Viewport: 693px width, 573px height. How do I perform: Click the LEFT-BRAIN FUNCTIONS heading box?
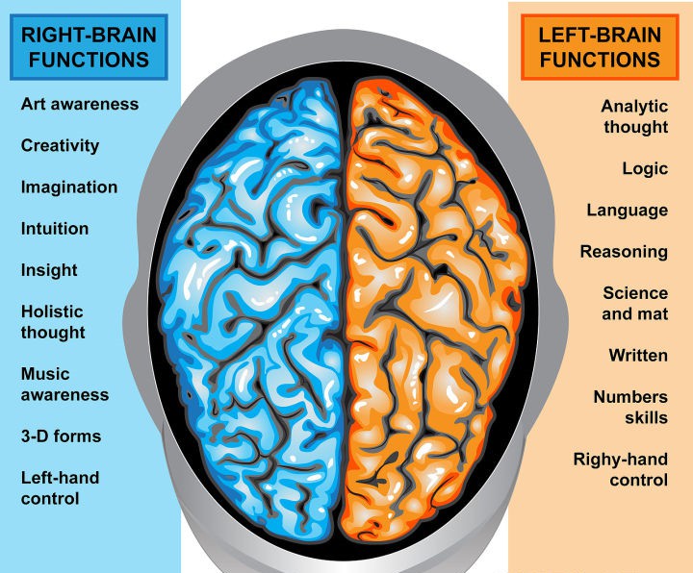600,47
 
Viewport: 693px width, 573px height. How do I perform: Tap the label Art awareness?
80,104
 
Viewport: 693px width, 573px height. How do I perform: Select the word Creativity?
60,145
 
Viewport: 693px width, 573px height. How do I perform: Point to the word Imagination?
69,187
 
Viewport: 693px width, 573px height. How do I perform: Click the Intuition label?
55,229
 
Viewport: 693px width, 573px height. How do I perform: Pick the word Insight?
49,270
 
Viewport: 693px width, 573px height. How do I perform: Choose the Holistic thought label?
53,322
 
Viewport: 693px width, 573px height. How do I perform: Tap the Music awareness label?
64,384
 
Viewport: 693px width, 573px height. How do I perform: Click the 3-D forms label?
61,436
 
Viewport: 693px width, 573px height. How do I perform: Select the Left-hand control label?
60,488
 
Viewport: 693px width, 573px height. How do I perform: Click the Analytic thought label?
634,116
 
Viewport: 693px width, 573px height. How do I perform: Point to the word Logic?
645,168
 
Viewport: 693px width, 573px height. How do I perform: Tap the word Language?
627,210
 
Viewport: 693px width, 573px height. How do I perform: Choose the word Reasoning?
623,252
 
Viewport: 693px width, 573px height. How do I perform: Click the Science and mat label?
634,304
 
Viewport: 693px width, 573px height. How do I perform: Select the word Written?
637,356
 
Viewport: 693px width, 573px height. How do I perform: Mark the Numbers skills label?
629,408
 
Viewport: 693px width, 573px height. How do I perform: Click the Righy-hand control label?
620,469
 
